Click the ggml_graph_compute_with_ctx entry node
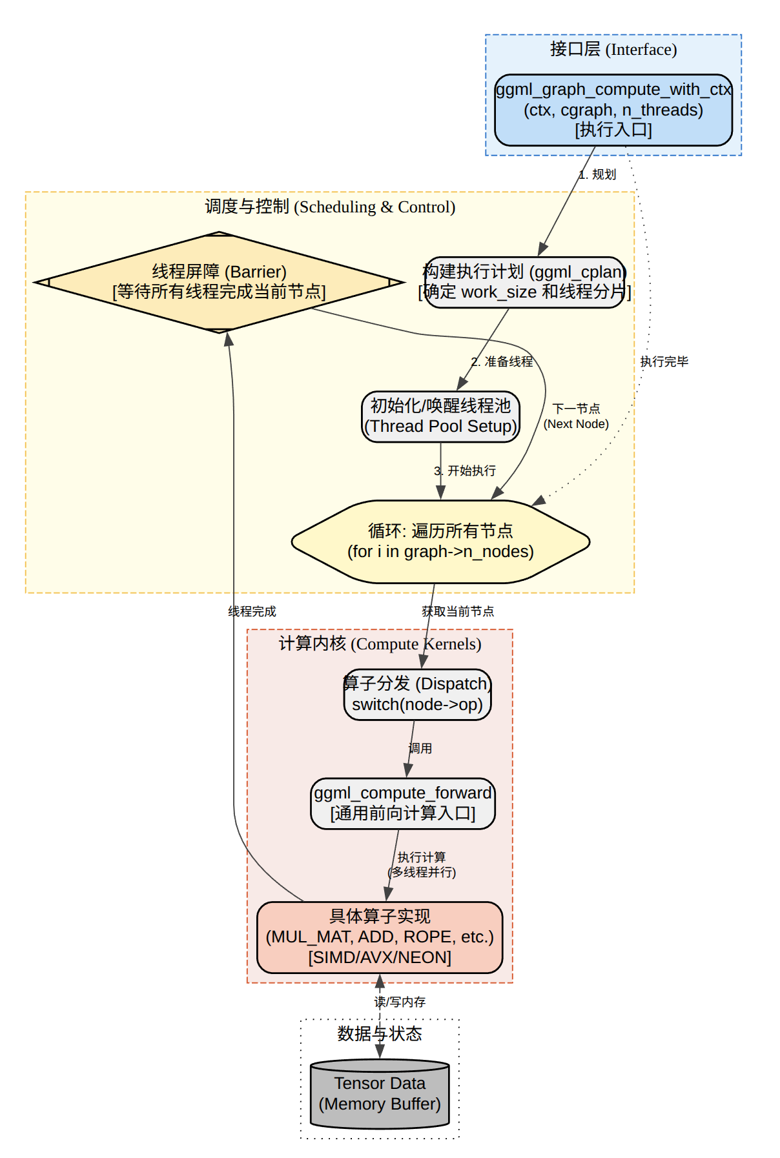point(613,110)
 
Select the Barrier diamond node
point(219,282)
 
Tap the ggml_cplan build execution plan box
point(524,282)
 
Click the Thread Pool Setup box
point(440,416)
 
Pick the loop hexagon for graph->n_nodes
point(440,542)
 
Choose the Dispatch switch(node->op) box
point(417,694)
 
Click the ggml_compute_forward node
point(403,803)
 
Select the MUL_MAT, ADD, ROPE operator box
point(380,937)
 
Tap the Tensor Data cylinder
point(380,1094)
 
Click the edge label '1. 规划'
point(597,174)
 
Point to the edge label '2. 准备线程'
point(502,361)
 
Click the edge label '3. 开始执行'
point(466,471)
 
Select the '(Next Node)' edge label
point(576,424)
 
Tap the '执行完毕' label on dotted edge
point(664,361)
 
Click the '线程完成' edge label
point(252,611)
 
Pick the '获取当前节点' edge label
point(458,611)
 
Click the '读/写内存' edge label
point(400,1002)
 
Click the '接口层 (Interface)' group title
point(613,49)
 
